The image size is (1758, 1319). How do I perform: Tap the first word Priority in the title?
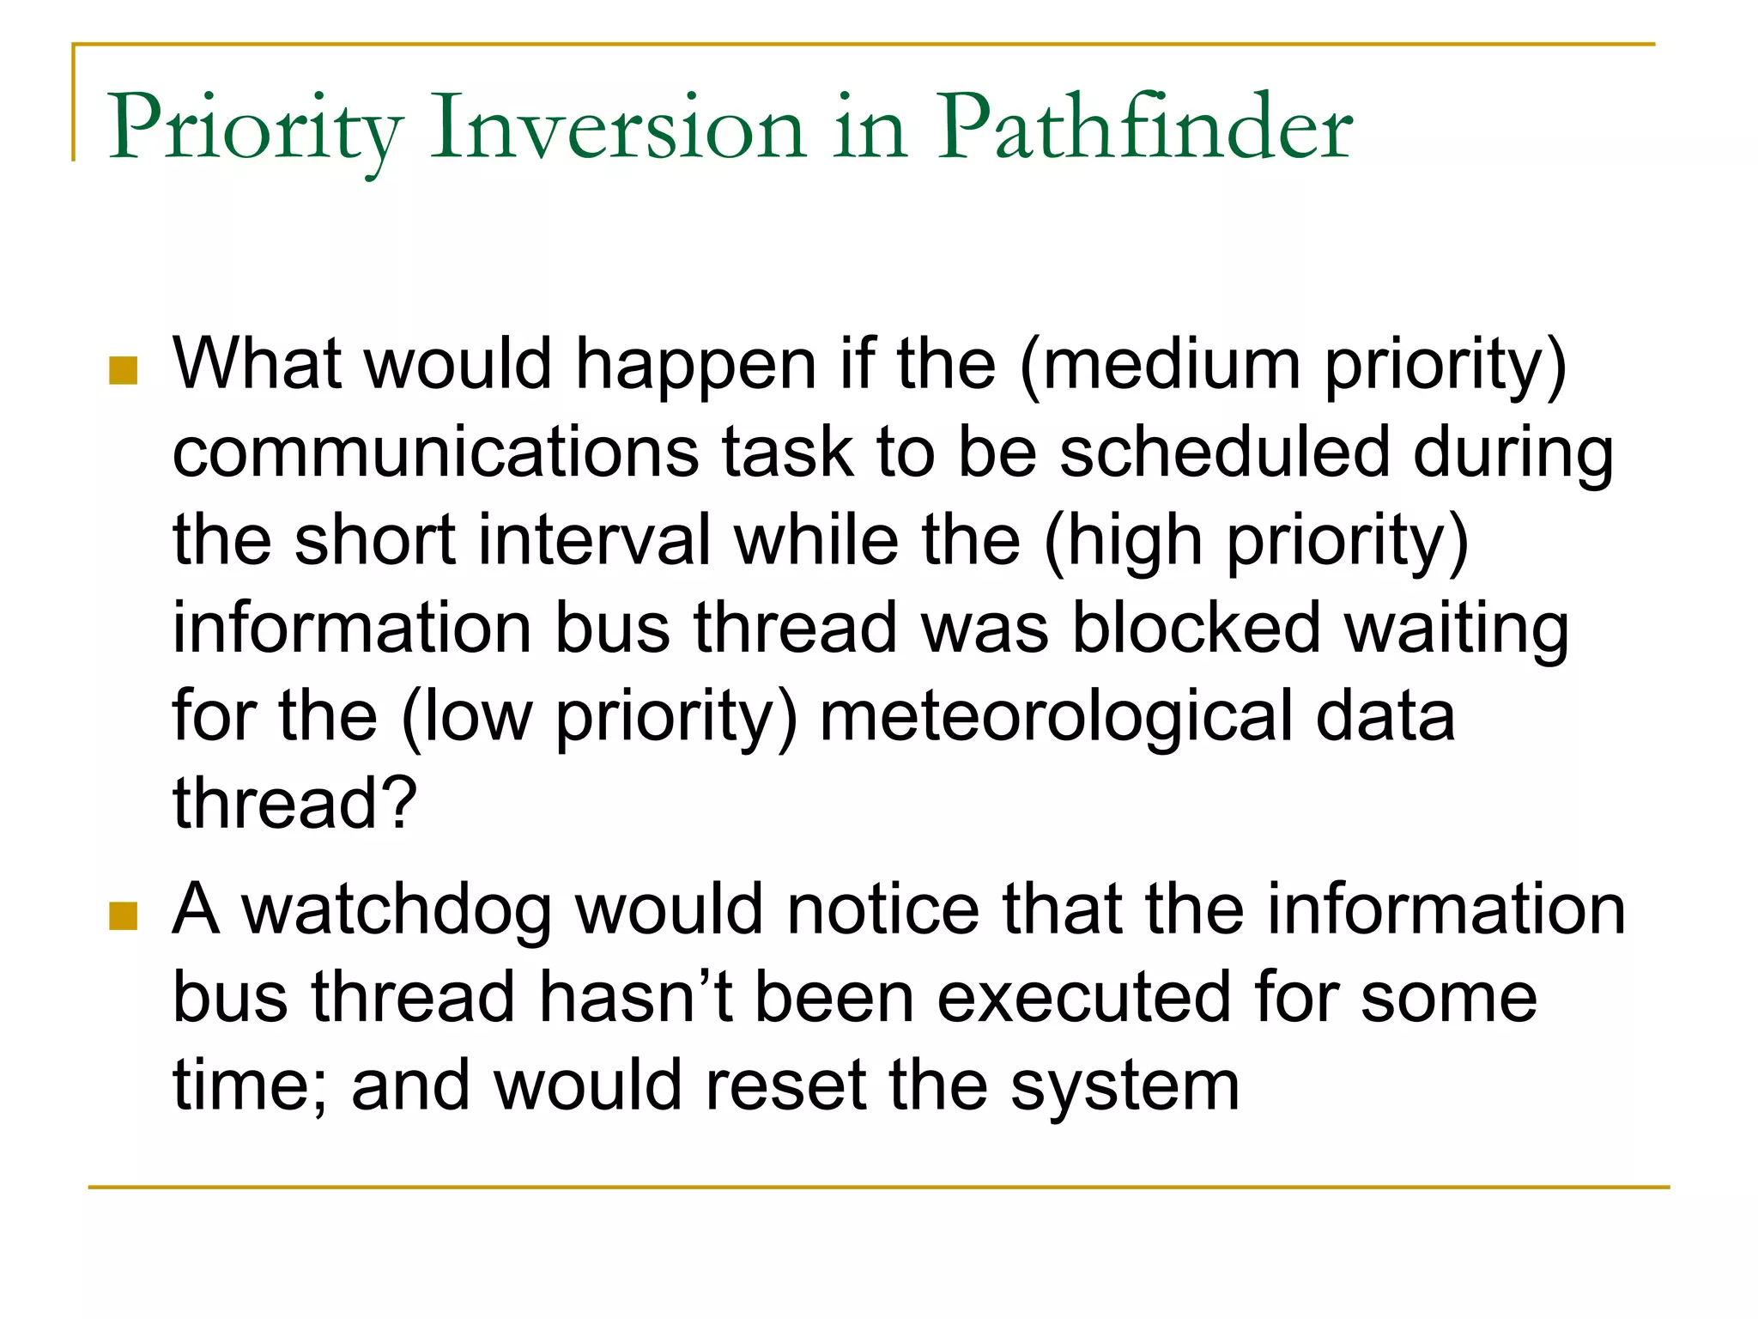pos(254,129)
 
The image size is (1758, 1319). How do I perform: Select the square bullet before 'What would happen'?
pos(124,371)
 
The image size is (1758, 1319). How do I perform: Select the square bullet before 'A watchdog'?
pos(124,916)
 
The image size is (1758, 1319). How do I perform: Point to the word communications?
pos(435,453)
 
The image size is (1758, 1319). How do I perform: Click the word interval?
pos(594,540)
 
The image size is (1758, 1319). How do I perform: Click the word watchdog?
pos(397,910)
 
